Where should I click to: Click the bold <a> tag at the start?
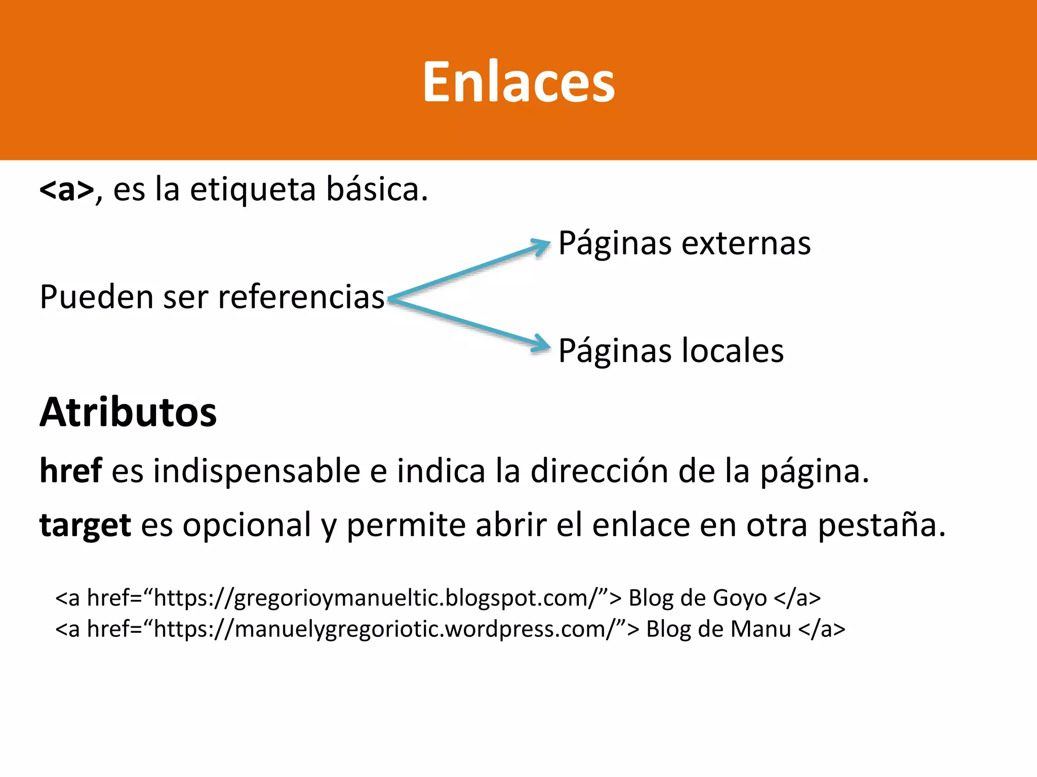click(66, 190)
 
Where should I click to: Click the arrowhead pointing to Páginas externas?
click(542, 246)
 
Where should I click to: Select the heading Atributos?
click(128, 413)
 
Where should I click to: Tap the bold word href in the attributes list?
click(71, 471)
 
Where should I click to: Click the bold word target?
click(85, 526)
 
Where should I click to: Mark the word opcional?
click(247, 526)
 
